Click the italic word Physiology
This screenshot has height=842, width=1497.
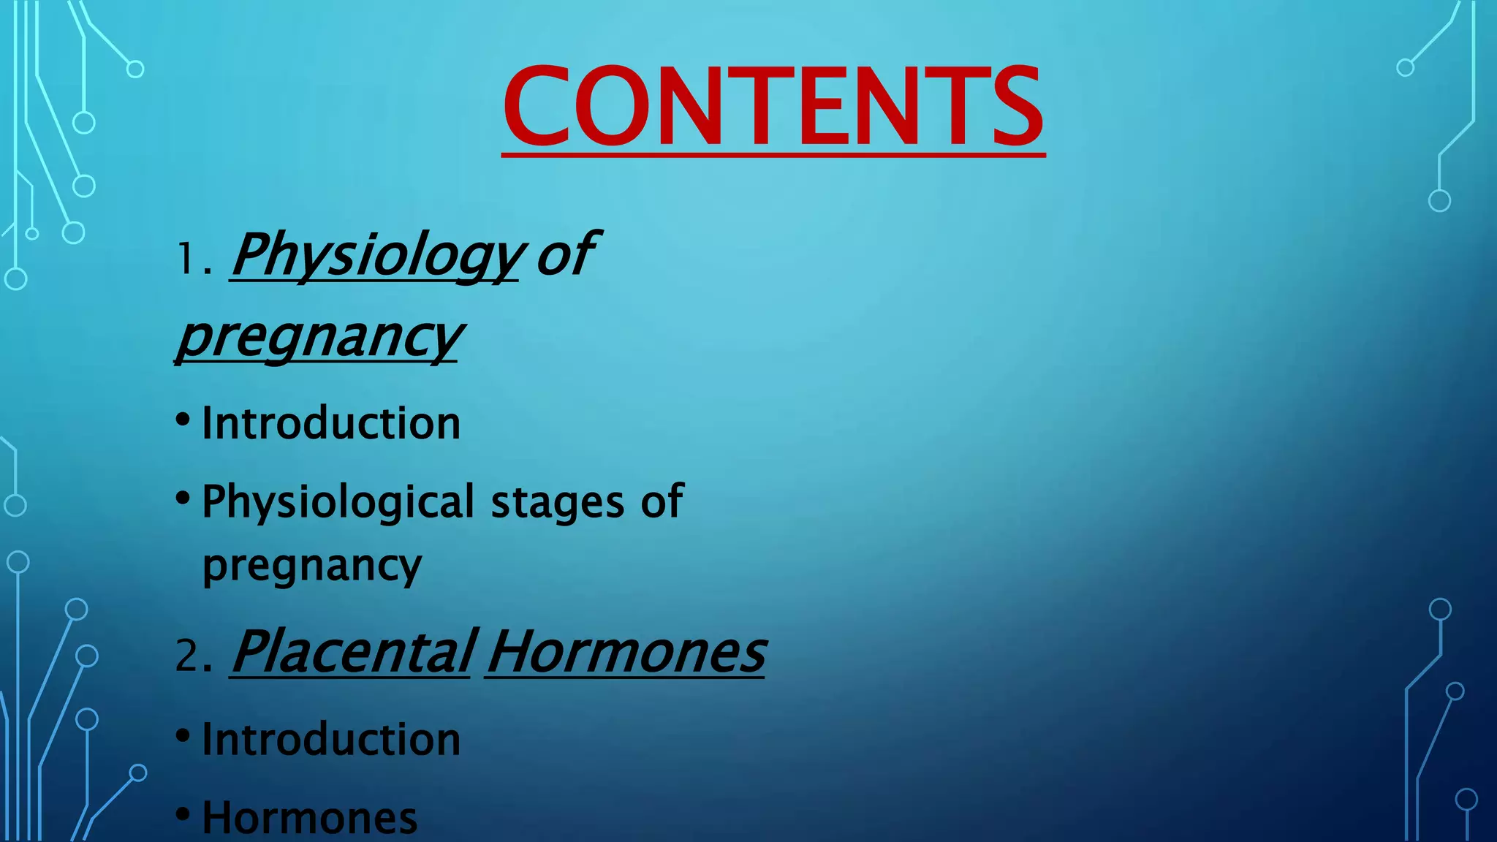376,256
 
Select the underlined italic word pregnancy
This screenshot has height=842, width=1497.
319,338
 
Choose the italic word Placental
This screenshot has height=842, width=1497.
352,652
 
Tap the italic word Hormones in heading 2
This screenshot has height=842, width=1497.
626,652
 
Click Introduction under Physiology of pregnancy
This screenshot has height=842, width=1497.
331,423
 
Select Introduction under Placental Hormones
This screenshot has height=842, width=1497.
331,740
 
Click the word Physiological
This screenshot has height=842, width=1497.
338,503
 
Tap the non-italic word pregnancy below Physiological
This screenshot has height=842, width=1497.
312,566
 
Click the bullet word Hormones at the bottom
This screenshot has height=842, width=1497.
310,818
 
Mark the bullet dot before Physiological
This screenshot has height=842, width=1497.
183,499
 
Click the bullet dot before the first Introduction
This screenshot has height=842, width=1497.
183,420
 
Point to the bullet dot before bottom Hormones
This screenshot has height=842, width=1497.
183,813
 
